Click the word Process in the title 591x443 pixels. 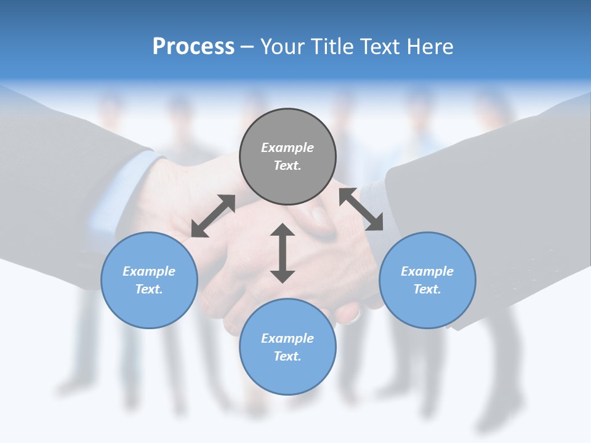[193, 47]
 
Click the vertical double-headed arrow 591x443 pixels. [283, 253]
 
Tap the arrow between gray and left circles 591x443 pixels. [213, 215]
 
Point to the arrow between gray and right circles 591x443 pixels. [361, 209]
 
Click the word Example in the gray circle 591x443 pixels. [287, 148]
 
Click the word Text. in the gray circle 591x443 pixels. [287, 166]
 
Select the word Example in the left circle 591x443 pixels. [149, 271]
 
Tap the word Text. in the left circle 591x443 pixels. [149, 289]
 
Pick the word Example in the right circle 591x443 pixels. [427, 271]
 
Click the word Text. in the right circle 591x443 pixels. [427, 289]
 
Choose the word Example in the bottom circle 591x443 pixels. [287, 338]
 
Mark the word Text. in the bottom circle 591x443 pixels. [287, 356]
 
